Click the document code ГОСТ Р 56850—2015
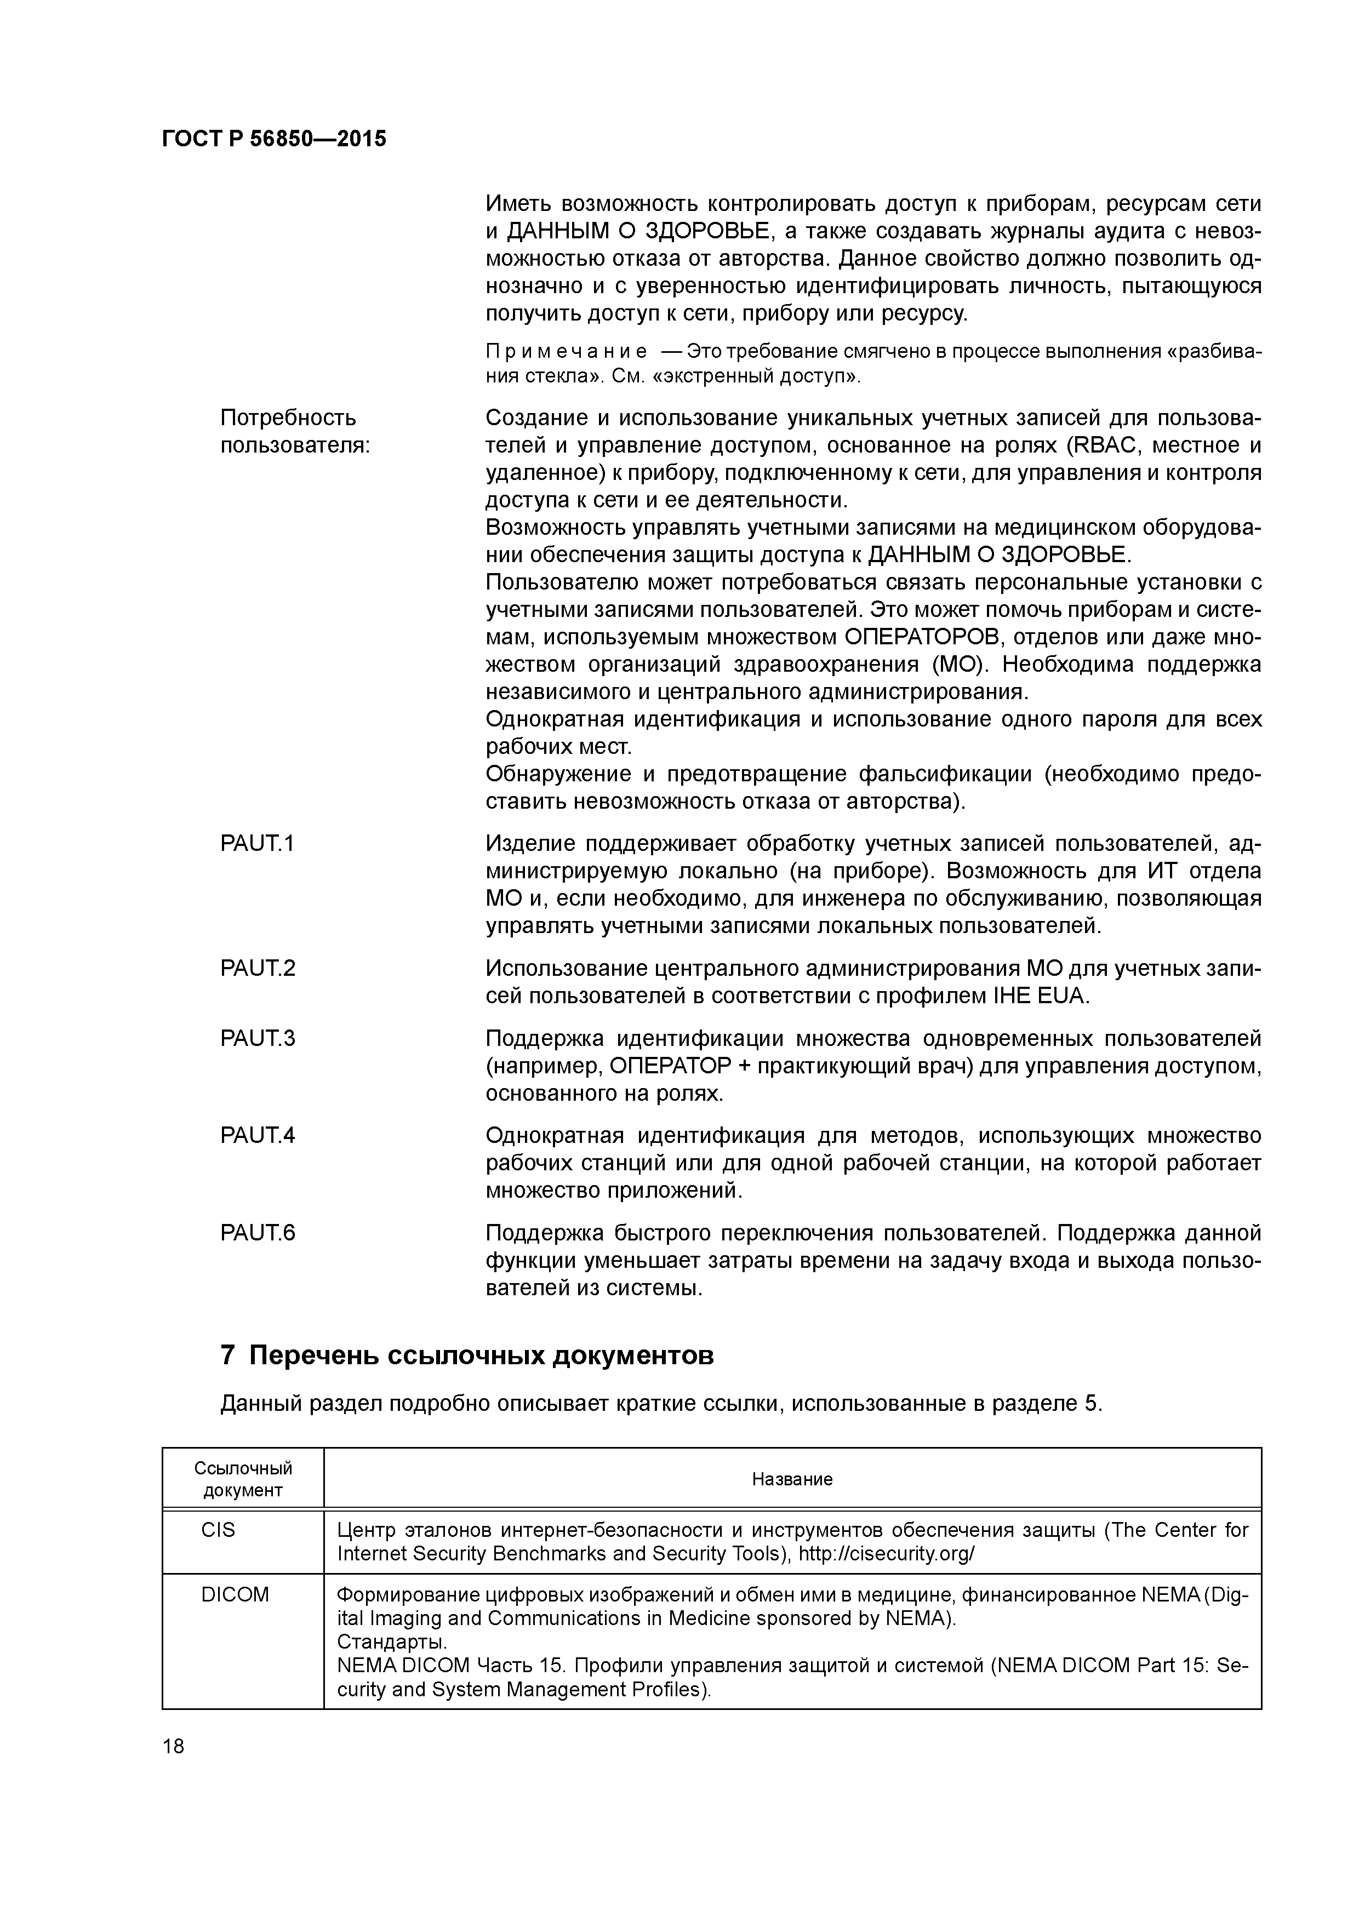(x=274, y=139)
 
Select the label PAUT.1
(x=257, y=844)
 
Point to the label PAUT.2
(x=257, y=969)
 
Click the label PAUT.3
(x=257, y=1039)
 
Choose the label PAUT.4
(x=257, y=1136)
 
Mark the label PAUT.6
(x=257, y=1233)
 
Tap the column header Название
(x=791, y=1479)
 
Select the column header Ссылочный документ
(x=243, y=1479)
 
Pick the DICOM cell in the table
(x=235, y=1595)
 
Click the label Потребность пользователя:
(x=295, y=431)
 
